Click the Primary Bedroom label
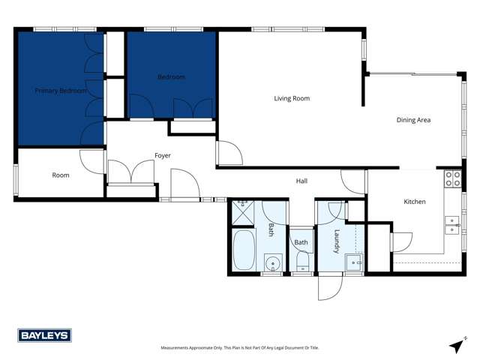pyautogui.click(x=61, y=91)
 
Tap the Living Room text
pyautogui.click(x=292, y=98)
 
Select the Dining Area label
pyautogui.click(x=413, y=120)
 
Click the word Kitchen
pyautogui.click(x=415, y=202)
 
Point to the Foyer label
pyautogui.click(x=163, y=156)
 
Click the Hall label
pyautogui.click(x=301, y=181)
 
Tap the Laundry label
pyautogui.click(x=337, y=241)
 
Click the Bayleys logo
pyautogui.click(x=44, y=335)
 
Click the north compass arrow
pyautogui.click(x=457, y=344)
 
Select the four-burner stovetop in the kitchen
pyautogui.click(x=453, y=178)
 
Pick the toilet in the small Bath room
pyautogui.click(x=301, y=262)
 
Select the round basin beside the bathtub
pyautogui.click(x=273, y=262)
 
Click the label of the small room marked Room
pyautogui.click(x=61, y=175)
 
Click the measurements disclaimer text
pyautogui.click(x=240, y=348)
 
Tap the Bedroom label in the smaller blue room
pyautogui.click(x=171, y=77)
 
